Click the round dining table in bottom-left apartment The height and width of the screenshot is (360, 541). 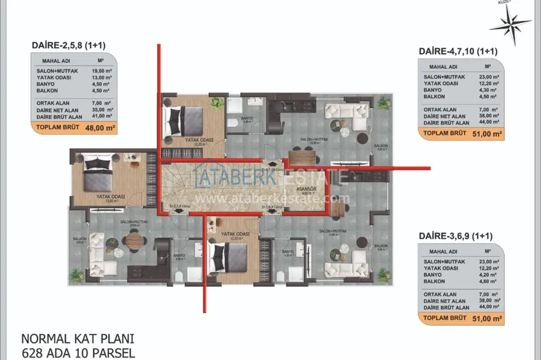[x=132, y=240]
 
